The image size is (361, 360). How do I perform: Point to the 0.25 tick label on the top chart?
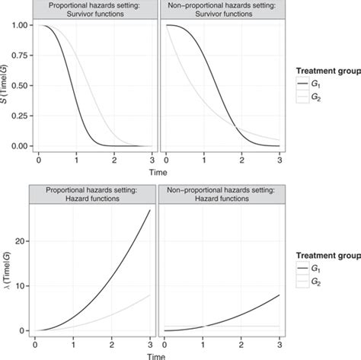18,116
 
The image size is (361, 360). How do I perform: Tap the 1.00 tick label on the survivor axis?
18,26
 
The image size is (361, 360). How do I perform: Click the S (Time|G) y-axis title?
6,85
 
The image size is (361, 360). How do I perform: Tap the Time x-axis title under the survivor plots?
157,172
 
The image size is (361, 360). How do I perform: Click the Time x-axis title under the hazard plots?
157,354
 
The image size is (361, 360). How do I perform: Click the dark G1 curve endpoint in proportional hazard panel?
149,210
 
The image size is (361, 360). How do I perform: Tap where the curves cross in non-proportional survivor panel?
235,127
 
